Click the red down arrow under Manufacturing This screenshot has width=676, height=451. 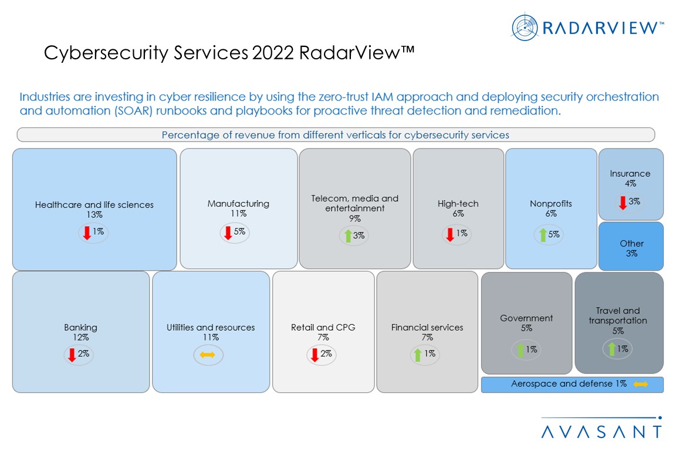click(x=228, y=233)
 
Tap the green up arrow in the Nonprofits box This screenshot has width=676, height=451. click(x=543, y=235)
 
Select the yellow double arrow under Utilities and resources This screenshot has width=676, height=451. click(x=208, y=355)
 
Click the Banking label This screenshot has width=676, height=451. click(x=80, y=327)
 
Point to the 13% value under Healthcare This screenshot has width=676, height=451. click(x=94, y=215)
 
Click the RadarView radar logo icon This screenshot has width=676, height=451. click(x=524, y=28)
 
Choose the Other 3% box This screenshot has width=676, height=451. click(x=631, y=248)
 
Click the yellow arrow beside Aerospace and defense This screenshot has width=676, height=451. click(x=640, y=384)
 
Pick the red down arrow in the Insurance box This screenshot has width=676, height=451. click(x=623, y=203)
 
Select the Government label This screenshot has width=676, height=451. click(x=526, y=318)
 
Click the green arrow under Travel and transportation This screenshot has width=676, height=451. click(x=611, y=349)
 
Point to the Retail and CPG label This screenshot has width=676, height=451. click(x=323, y=327)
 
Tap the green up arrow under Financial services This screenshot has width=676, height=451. click(x=418, y=354)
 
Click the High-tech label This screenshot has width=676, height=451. click(x=458, y=204)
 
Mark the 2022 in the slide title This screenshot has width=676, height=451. click(x=273, y=53)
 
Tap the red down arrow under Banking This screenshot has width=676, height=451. click(x=72, y=355)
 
